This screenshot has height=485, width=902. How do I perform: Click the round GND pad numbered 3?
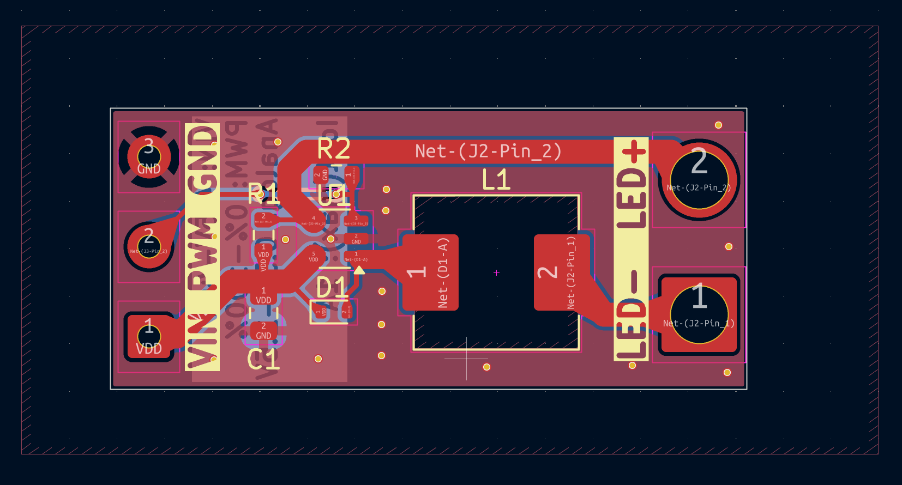click(x=149, y=157)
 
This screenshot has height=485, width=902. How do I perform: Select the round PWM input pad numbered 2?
click(x=149, y=246)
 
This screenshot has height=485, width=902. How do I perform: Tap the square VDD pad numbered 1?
click(x=149, y=336)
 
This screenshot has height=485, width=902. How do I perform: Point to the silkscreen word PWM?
click(x=202, y=253)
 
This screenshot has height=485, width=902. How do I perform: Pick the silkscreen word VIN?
click(x=202, y=341)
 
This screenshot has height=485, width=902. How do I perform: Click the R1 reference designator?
click(x=263, y=194)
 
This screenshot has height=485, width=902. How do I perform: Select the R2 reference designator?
click(x=334, y=149)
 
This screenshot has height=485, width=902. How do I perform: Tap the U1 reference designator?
click(x=333, y=195)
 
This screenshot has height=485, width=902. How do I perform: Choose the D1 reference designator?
click(x=332, y=288)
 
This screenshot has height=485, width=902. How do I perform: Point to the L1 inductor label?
click(x=496, y=180)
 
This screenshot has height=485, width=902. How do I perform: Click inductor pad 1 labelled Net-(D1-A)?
click(x=430, y=272)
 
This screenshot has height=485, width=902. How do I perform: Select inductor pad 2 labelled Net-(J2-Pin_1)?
click(x=562, y=272)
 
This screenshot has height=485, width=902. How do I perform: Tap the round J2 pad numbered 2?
click(x=699, y=179)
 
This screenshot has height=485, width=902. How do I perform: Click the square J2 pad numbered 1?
click(x=699, y=314)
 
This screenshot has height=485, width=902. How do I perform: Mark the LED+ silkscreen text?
click(x=632, y=185)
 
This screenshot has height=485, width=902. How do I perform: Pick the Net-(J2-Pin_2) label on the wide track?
click(x=488, y=151)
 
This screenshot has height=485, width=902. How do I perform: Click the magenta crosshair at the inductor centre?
click(x=496, y=272)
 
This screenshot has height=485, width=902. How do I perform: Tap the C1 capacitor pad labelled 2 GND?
click(x=263, y=331)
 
